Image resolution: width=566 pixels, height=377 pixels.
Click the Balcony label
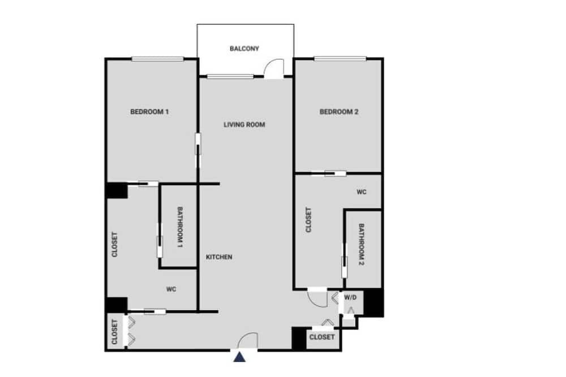click(x=245, y=48)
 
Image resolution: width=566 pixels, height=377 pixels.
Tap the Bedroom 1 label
click(x=149, y=112)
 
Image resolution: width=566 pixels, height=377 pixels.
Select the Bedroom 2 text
click(x=339, y=112)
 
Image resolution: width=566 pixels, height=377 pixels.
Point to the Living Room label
click(x=245, y=125)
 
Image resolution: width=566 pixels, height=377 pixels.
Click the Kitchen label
click(x=219, y=257)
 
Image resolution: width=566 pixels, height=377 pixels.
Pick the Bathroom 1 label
click(x=180, y=227)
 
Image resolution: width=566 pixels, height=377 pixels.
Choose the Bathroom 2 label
click(x=361, y=245)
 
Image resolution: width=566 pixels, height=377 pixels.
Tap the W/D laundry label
click(x=350, y=298)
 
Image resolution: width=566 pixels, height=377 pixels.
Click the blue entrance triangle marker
click(x=239, y=357)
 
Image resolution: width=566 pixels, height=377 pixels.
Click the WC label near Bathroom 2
click(x=361, y=192)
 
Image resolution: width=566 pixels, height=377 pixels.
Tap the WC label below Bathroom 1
click(x=171, y=289)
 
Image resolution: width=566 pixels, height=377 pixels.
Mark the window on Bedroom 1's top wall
click(x=158, y=59)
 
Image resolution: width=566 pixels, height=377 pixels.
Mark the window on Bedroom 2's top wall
click(x=340, y=59)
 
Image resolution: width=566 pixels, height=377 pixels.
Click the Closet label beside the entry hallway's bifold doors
click(x=115, y=332)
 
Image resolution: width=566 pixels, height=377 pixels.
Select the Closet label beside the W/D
click(x=322, y=337)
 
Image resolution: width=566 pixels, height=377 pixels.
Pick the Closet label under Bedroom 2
click(x=308, y=220)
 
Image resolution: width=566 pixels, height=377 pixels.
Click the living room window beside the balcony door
click(x=230, y=76)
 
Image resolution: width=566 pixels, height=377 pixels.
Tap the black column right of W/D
click(x=373, y=303)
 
